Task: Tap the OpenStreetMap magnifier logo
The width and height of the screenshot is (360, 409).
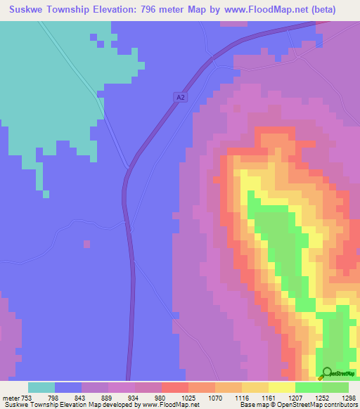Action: pos(328,374)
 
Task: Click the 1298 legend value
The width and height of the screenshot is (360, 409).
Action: pos(349,398)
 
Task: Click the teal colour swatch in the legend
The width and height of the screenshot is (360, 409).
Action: pos(41,387)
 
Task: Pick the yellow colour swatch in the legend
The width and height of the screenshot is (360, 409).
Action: pos(282,387)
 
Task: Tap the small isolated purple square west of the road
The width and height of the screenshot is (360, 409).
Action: pos(86,244)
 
